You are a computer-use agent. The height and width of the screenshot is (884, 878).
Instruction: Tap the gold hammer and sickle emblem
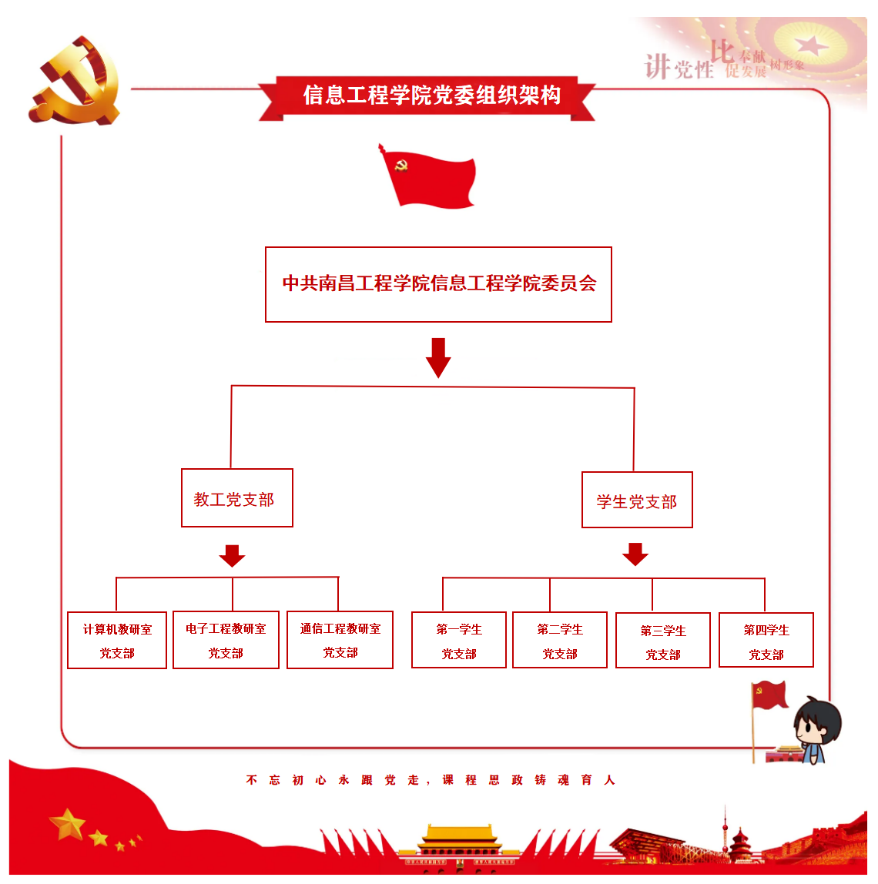[x=75, y=81]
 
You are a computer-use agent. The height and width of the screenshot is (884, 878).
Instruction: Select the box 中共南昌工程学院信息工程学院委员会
[x=438, y=284]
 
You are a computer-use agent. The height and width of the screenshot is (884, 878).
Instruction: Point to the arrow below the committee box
[x=438, y=357]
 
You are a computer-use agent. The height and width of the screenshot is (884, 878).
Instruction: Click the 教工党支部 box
[x=236, y=498]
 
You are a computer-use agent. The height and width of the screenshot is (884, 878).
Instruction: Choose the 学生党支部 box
[x=637, y=501]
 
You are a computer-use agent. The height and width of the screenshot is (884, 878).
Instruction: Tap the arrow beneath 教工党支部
[x=232, y=555]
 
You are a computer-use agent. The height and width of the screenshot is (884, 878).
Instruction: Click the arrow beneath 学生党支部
[x=635, y=554]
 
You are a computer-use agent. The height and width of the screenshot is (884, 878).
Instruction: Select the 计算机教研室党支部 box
[x=117, y=641]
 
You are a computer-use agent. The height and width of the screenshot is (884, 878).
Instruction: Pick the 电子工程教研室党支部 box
[x=226, y=640]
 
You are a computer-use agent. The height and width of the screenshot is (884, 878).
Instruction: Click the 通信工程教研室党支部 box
[x=340, y=640]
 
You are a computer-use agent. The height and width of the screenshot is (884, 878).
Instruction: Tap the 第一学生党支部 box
[x=459, y=641]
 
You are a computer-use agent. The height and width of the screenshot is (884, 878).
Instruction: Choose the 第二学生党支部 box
[x=560, y=641]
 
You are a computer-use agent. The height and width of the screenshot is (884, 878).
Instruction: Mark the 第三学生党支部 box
[x=663, y=641]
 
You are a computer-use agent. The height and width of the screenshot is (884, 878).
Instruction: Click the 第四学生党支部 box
[x=766, y=641]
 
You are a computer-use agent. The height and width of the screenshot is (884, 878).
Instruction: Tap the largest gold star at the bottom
[x=68, y=824]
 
